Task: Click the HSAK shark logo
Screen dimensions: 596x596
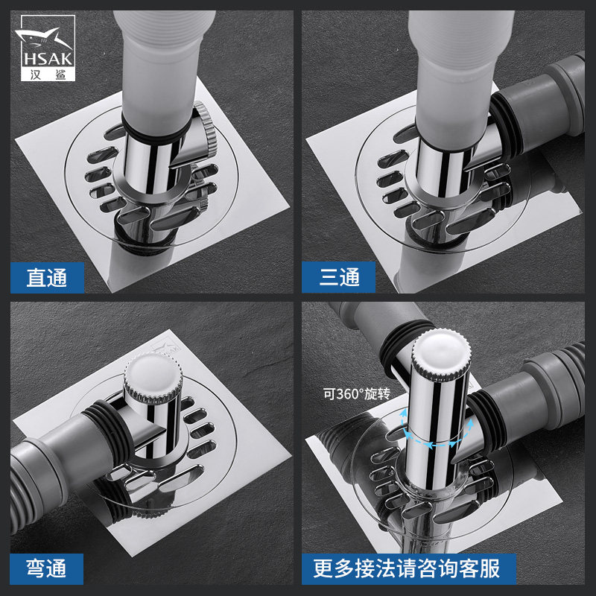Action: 48,48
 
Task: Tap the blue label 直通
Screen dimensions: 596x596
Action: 47,277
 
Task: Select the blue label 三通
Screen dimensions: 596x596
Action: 338,277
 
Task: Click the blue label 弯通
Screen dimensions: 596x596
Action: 46,568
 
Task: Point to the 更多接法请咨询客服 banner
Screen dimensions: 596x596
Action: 408,568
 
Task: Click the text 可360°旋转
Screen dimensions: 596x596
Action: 357,394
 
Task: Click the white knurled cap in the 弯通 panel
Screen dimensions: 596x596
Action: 153,376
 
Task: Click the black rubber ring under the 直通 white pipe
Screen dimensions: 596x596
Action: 156,133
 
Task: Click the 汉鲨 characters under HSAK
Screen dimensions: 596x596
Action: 48,74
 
